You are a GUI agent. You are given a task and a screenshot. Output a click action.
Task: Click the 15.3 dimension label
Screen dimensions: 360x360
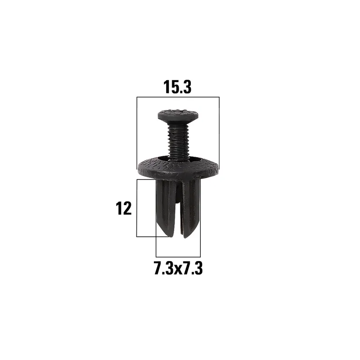pos(177,87)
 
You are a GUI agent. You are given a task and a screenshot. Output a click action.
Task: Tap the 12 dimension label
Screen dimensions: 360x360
pos(123,208)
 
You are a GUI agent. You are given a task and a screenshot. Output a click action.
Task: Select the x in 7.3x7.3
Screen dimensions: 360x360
pos(178,270)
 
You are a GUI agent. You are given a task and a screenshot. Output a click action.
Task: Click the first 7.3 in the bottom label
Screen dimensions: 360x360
pos(164,268)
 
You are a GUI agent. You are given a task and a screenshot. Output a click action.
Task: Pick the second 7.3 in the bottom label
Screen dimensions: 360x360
pos(193,268)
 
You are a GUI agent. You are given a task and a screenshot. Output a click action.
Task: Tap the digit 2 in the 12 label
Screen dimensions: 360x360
pos(127,208)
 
